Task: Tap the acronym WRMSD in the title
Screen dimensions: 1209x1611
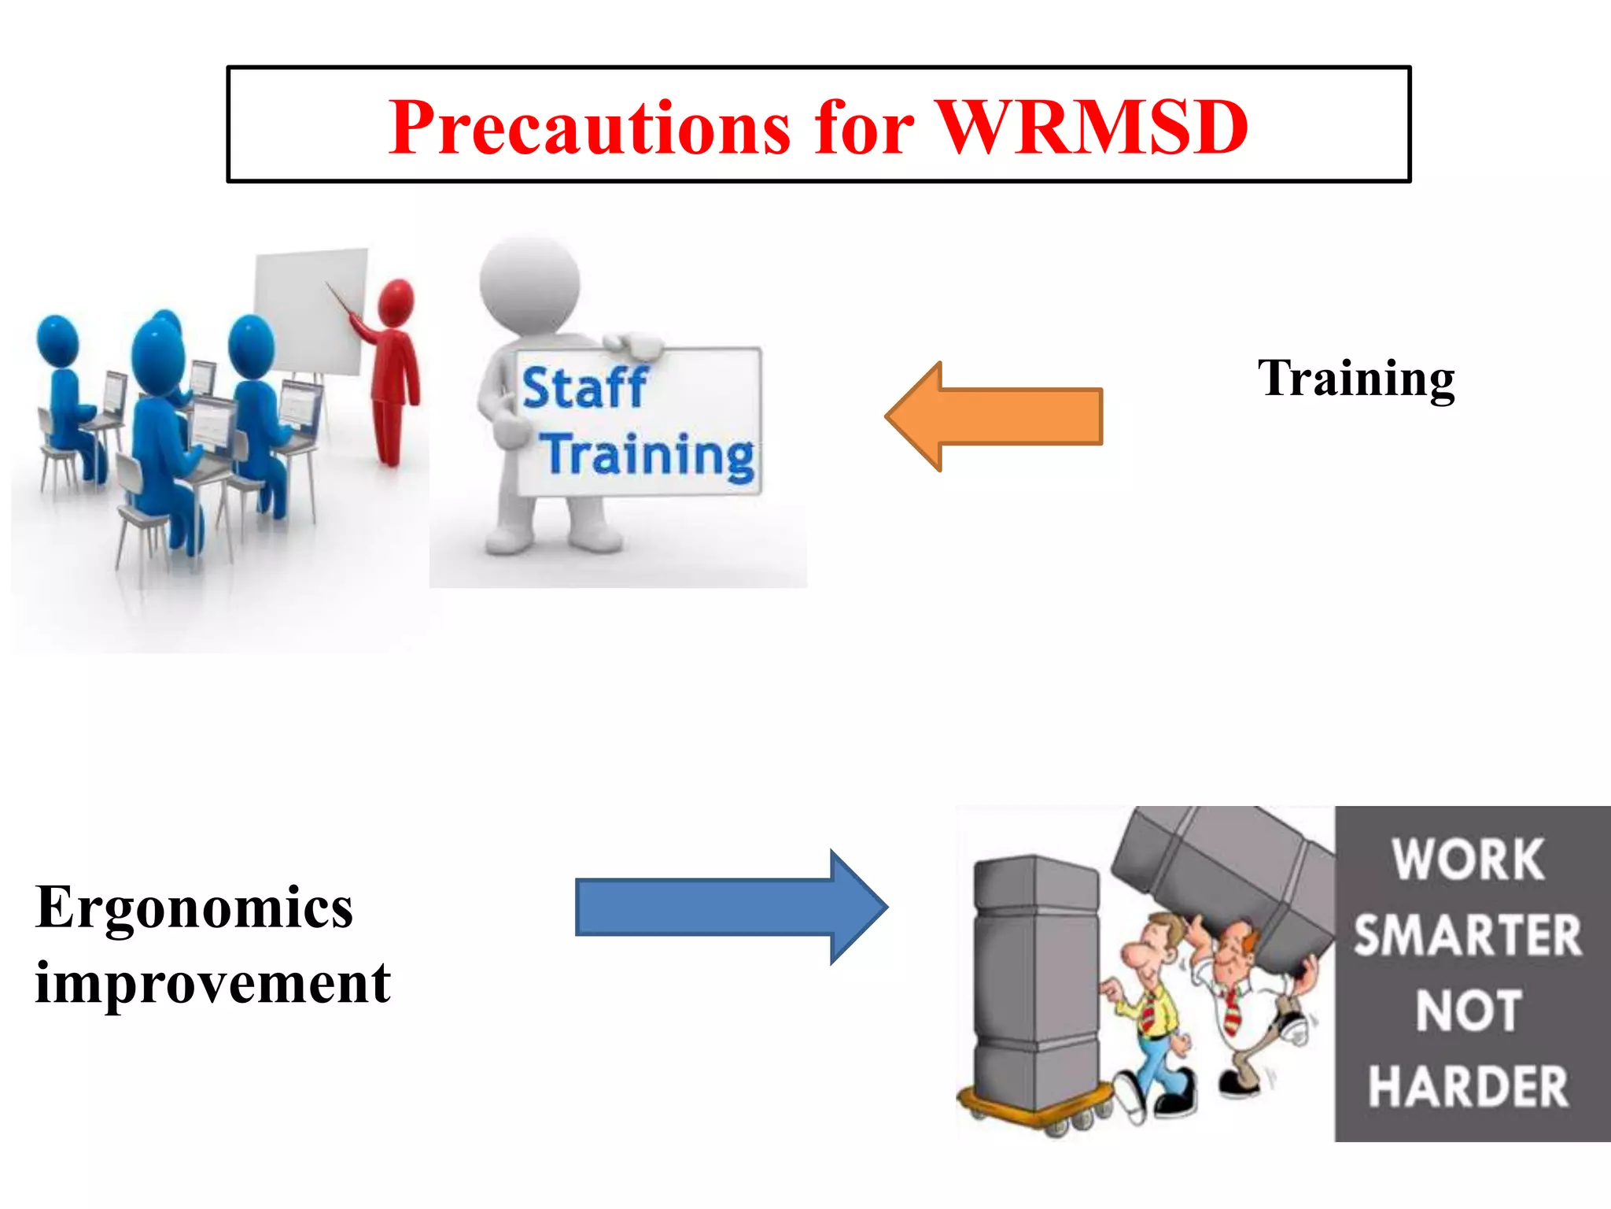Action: pos(1093,128)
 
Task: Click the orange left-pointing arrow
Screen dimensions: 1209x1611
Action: pos(996,416)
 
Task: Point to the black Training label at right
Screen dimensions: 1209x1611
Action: pos(1356,379)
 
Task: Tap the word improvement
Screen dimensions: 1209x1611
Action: pos(212,984)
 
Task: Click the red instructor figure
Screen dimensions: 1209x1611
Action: pos(393,370)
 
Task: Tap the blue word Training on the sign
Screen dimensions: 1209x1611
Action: pos(650,456)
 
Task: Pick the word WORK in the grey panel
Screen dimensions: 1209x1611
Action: pos(1467,860)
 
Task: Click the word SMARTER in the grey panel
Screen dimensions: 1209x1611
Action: pos(1467,935)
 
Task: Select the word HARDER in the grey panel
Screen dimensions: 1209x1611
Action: pos(1467,1087)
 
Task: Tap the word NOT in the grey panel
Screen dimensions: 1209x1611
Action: pos(1467,1011)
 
